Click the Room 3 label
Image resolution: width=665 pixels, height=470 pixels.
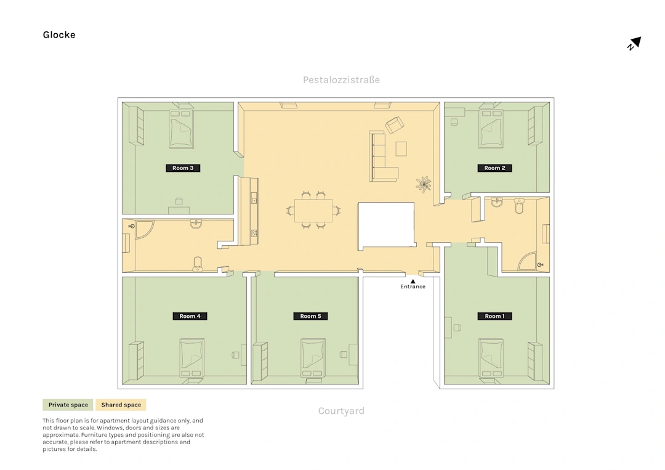click(183, 168)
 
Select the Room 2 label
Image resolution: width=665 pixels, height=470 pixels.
click(494, 168)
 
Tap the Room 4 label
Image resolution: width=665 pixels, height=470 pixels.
click(190, 316)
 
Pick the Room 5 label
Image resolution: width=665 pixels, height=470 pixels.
click(310, 316)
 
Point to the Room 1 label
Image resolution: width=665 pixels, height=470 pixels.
click(494, 316)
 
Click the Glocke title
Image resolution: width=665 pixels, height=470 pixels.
click(59, 34)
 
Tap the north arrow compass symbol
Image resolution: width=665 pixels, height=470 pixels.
click(634, 43)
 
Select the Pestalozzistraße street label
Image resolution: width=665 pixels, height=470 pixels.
click(341, 79)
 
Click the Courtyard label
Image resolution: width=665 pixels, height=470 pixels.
click(341, 411)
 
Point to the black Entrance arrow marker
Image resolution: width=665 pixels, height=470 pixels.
click(413, 282)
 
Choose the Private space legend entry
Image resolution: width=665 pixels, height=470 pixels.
click(68, 405)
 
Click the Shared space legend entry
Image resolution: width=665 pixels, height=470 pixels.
click(121, 405)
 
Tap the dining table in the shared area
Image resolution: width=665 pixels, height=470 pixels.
click(313, 211)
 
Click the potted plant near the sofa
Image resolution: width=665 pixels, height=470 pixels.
click(423, 185)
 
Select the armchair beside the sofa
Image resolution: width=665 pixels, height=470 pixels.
click(395, 124)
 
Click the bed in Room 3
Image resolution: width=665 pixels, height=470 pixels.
click(182, 129)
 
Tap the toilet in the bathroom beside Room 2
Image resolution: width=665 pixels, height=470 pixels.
click(519, 206)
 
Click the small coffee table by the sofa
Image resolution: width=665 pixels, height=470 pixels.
click(401, 149)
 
